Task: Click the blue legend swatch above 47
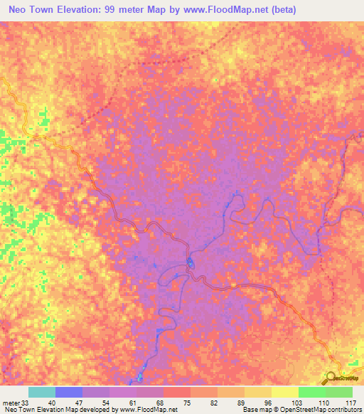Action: (69, 392)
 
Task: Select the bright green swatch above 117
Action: (339, 392)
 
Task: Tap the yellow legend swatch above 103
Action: (285, 392)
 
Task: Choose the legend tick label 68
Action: (164, 402)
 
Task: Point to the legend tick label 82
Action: (218, 402)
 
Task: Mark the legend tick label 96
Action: (272, 402)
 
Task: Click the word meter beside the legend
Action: (11, 402)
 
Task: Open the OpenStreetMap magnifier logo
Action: (332, 377)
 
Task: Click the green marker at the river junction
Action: (190, 265)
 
